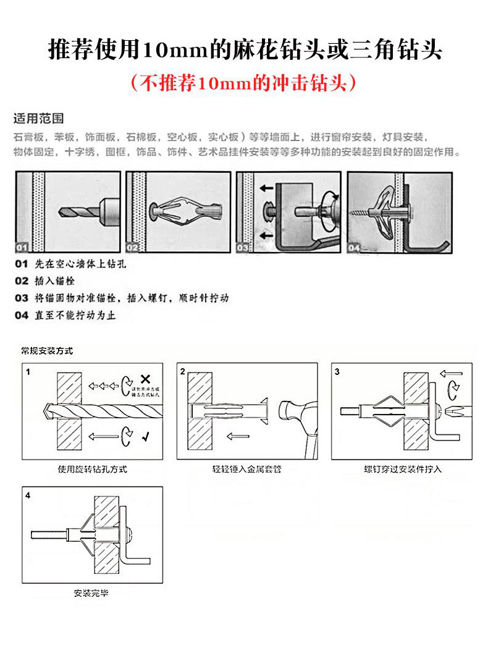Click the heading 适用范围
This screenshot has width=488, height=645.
(39, 118)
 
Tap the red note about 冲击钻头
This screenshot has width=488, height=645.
(243, 83)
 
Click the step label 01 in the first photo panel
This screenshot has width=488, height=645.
(22, 248)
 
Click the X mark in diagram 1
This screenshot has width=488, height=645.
(145, 378)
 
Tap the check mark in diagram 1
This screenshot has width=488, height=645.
(145, 437)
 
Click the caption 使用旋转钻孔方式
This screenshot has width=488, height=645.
(92, 469)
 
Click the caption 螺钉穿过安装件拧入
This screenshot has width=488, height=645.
(403, 469)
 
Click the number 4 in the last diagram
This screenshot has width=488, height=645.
(28, 495)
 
